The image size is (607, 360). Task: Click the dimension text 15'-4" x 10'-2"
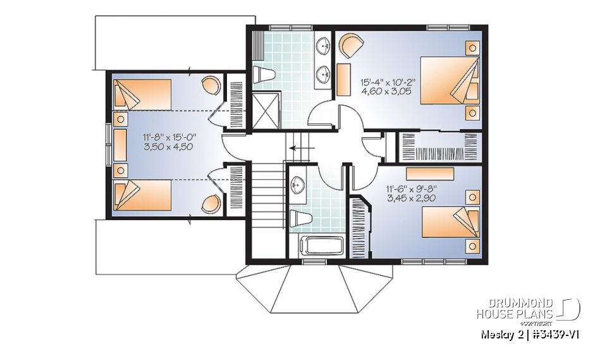tap(388, 82)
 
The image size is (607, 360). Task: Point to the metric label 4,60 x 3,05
tap(387, 92)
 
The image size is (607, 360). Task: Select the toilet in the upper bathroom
tap(264, 75)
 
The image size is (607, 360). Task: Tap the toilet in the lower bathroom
tap(300, 218)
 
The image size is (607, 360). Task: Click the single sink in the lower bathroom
tap(298, 185)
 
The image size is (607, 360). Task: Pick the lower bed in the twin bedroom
tap(142, 194)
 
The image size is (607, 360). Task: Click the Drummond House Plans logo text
tap(515, 309)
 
